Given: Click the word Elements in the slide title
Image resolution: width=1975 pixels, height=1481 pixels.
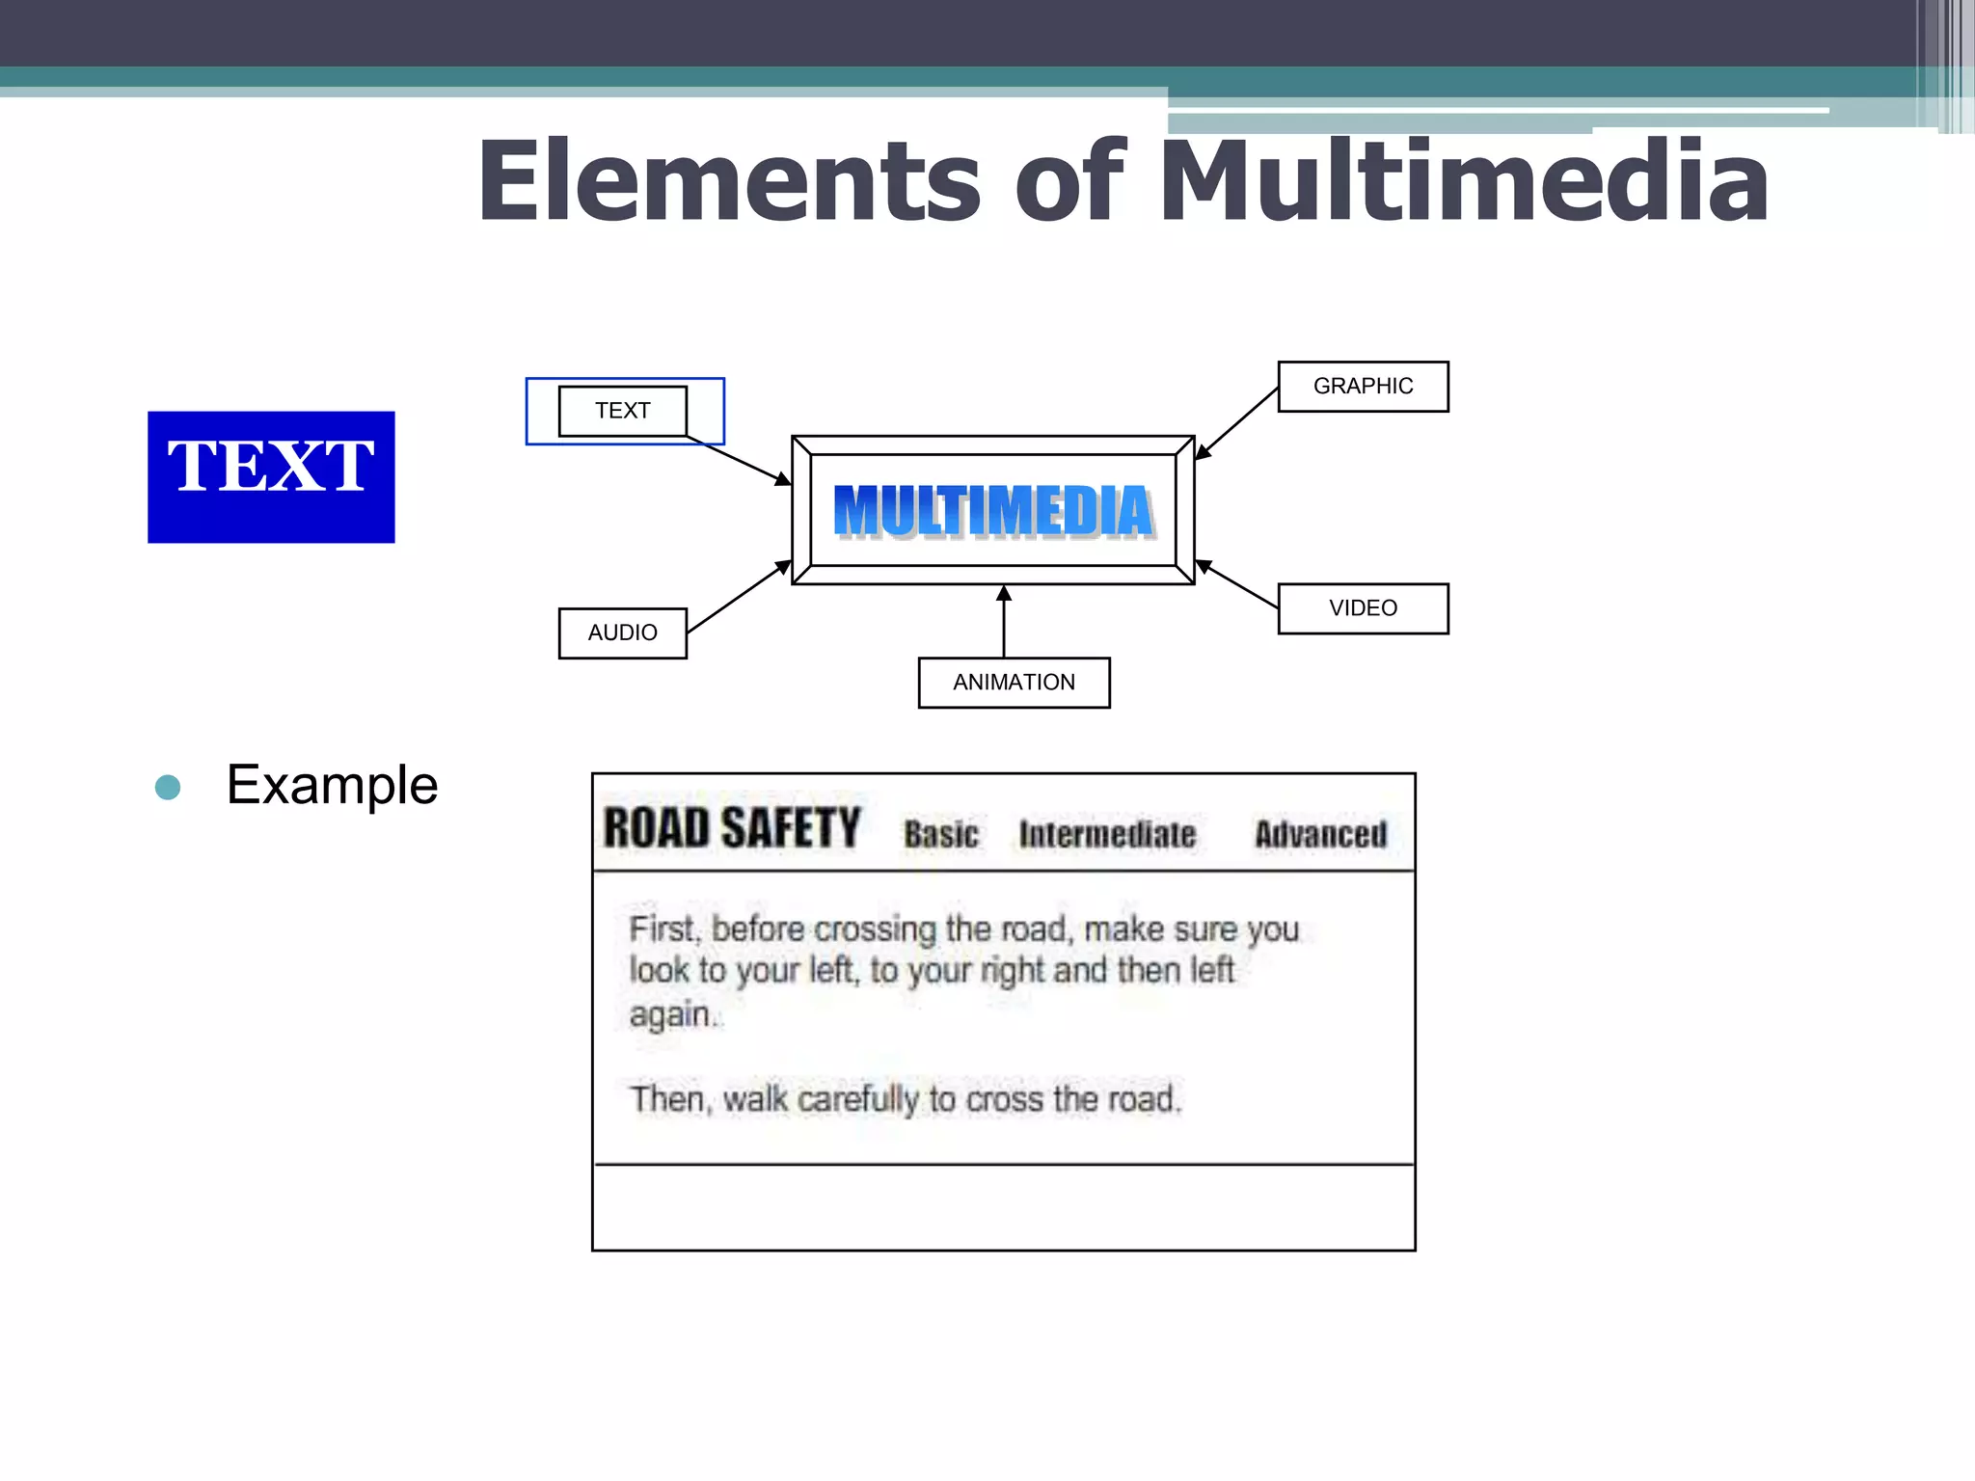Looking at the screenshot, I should point(728,181).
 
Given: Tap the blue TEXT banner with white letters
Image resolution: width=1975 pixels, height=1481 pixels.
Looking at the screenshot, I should point(271,476).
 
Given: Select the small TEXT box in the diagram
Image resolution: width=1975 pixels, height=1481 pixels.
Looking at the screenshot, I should point(623,411).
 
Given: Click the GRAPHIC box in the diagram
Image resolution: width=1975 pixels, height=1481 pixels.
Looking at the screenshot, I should point(1363,387).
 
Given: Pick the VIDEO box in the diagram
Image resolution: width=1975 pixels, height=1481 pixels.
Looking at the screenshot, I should point(1363,608).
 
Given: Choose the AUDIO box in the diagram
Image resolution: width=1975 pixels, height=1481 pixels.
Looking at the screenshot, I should point(623,633).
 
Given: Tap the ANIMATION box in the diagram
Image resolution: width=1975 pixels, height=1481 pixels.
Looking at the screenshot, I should point(1014,683).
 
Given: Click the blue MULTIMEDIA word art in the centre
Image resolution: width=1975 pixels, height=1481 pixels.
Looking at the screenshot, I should point(993,510).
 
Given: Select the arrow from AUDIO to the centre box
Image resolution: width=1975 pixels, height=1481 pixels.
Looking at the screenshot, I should point(739,597).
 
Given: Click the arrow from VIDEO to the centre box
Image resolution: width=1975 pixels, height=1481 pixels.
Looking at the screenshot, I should point(1237,584).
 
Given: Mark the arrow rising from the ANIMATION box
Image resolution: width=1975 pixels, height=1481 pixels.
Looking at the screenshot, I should point(1004,622).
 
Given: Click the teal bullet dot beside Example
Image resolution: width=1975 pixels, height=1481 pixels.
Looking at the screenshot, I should point(168,787).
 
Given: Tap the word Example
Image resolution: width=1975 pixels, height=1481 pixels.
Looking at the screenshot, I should point(332,785).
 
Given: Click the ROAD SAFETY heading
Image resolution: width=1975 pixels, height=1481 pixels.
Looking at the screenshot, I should point(731,828).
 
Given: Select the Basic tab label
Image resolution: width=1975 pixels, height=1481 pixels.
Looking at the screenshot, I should point(941,834).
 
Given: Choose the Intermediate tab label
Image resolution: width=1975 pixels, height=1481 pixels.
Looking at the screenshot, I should point(1107,834).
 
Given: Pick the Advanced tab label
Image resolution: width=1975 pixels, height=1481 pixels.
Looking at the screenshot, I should point(1320,834).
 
